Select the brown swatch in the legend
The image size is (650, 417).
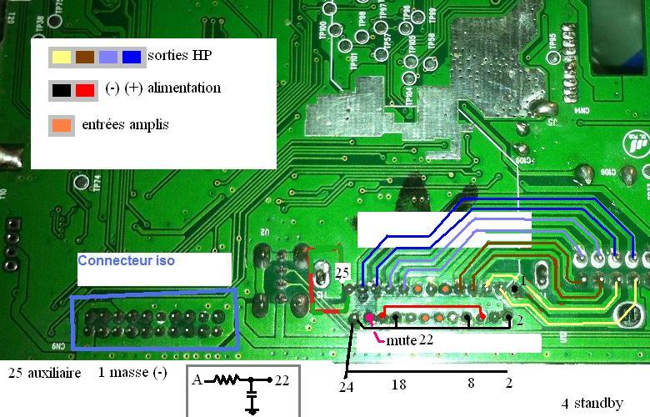pos(85,58)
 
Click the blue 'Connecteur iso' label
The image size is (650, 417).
pos(126,261)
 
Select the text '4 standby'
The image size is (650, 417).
pos(592,404)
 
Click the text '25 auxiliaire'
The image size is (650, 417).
pos(43,373)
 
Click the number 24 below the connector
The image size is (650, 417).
pos(347,387)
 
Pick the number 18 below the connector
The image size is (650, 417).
pos(398,384)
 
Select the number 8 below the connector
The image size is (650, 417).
pos(471,384)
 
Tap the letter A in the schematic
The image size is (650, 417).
pos(196,380)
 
